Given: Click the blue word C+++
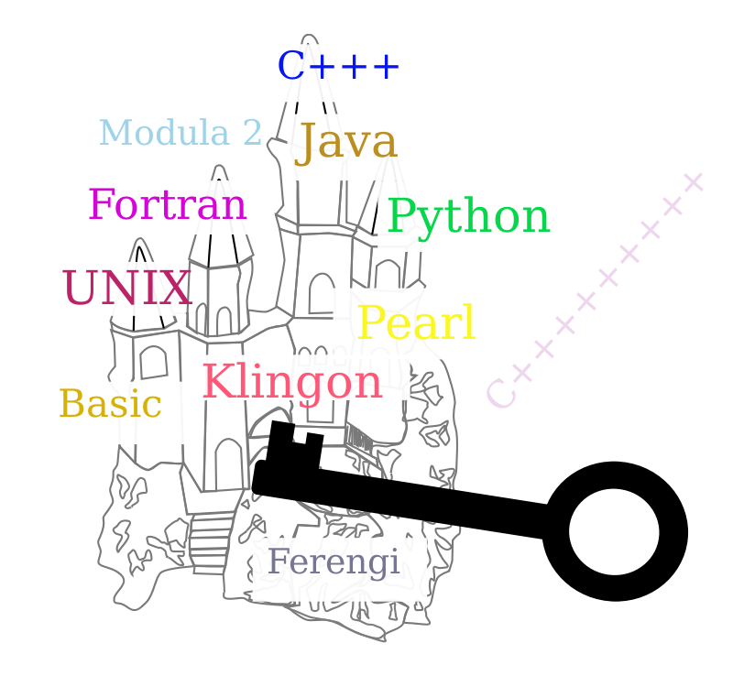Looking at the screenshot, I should point(338,67).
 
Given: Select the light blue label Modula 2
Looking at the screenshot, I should point(180,134).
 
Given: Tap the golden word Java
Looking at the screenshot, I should point(345,143).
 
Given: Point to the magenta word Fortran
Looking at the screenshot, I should point(167,205).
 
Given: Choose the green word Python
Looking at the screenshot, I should point(468,218).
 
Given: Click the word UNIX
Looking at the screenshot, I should point(126,289).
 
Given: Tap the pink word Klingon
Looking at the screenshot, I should point(291,383).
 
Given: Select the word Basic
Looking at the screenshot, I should point(110,404).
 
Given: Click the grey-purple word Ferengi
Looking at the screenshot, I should point(334,562).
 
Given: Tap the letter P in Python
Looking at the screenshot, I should point(399,218).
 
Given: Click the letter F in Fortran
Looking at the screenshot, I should point(100,205).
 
